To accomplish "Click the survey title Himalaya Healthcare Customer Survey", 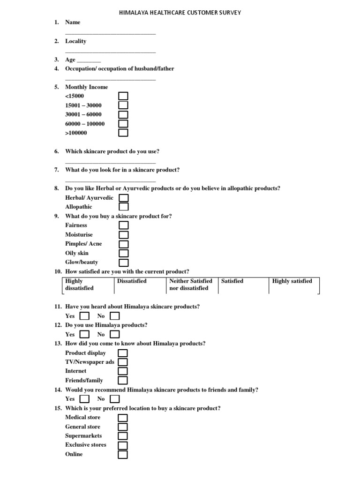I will click(180, 13).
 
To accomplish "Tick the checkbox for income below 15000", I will click(123, 96).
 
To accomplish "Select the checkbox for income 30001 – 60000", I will click(123, 114).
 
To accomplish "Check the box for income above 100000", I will click(123, 133).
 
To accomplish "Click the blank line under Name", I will click(110, 33).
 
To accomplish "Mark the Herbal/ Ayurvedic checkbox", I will click(123, 198).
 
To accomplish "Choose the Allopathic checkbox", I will click(123, 207).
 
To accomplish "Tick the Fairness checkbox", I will click(123, 225).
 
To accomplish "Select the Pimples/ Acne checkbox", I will click(123, 244).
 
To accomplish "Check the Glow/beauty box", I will click(123, 262).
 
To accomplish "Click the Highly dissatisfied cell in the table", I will click(88, 285).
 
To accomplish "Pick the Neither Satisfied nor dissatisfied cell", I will click(191, 285).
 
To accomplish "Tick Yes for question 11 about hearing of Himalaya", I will click(84, 316).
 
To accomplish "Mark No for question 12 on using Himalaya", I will click(114, 334).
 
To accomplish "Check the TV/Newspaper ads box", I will click(123, 362).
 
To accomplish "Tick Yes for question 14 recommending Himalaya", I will click(84, 399).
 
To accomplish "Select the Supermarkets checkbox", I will click(123, 436).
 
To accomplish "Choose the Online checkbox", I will click(123, 454).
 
